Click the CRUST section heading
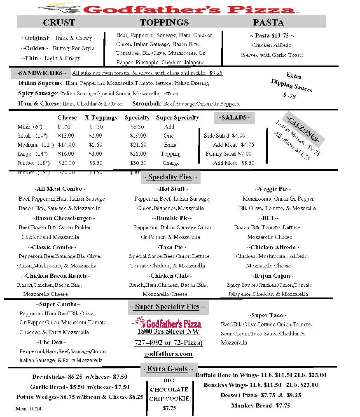[x=59, y=22]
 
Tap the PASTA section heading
[x=269, y=22]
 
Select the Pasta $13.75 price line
[x=272, y=36]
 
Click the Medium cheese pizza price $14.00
[x=66, y=145]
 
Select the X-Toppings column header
[x=101, y=118]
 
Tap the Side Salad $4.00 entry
[x=224, y=136]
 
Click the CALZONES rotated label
[x=303, y=128]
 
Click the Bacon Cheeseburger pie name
[x=63, y=218]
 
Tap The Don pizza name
[x=51, y=342]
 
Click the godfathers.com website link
[x=168, y=354]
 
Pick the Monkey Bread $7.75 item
[x=260, y=405]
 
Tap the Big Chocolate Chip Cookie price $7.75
[x=169, y=408]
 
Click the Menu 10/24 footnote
[x=28, y=408]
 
